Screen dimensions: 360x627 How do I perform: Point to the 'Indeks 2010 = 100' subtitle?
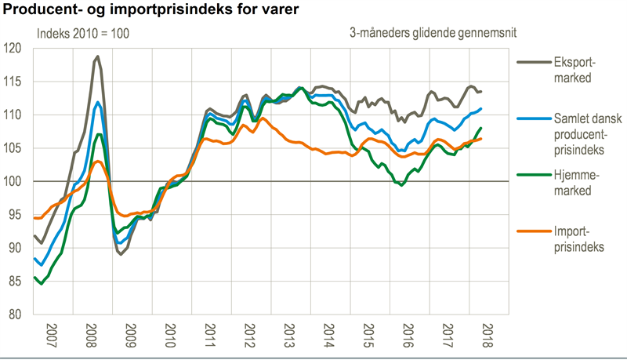coord(84,34)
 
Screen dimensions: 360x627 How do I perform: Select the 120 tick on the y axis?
coord(13,49)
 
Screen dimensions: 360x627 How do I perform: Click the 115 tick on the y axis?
coord(13,82)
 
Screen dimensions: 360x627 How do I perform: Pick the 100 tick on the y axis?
coord(13,181)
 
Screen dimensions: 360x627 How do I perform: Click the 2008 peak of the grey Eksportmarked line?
coord(96,56)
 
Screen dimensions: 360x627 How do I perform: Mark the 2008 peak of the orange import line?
coord(96,162)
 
